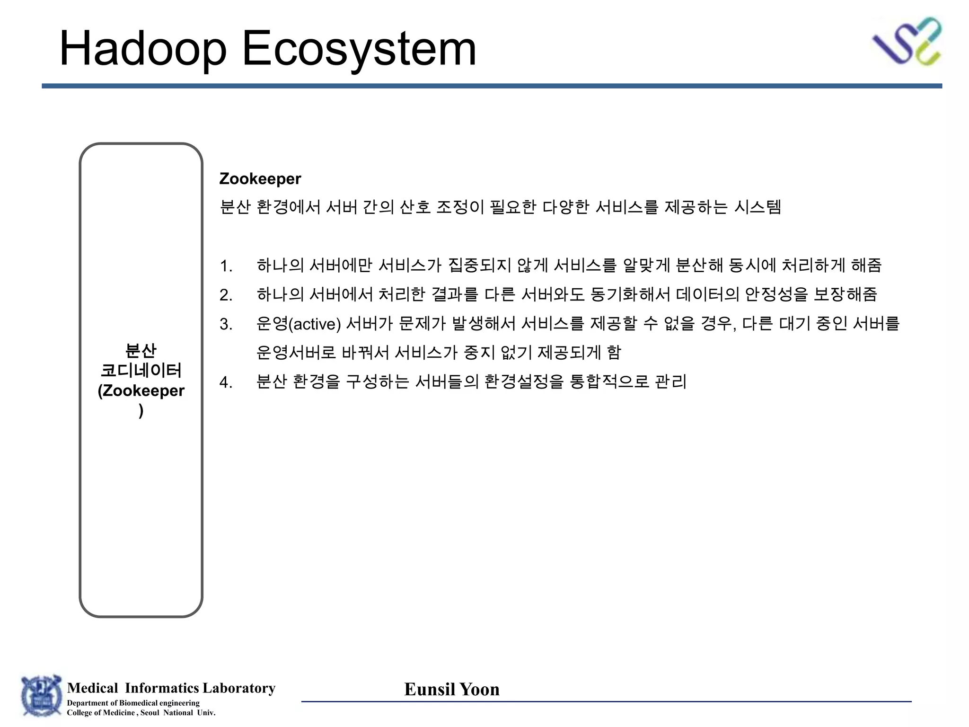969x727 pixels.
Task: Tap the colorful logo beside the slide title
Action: [x=907, y=41]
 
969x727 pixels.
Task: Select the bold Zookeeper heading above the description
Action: [x=260, y=179]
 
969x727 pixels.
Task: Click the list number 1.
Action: [x=226, y=266]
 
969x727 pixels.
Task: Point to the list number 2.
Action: [x=226, y=295]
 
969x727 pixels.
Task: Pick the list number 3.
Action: [x=226, y=324]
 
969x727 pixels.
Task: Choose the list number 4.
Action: [x=226, y=382]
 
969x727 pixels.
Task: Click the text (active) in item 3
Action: [x=314, y=324]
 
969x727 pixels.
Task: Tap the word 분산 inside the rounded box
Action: [x=141, y=351]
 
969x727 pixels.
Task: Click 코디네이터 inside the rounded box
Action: [x=141, y=370]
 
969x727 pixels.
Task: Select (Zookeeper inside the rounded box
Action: [x=141, y=391]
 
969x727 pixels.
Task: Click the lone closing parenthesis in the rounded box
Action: [x=141, y=410]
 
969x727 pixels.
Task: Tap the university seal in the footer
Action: [x=42, y=696]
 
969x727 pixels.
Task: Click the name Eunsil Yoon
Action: [x=452, y=689]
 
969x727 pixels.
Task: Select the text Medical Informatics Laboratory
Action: [x=171, y=688]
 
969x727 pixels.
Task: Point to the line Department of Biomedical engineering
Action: [x=133, y=703]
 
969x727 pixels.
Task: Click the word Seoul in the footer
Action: [x=150, y=713]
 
